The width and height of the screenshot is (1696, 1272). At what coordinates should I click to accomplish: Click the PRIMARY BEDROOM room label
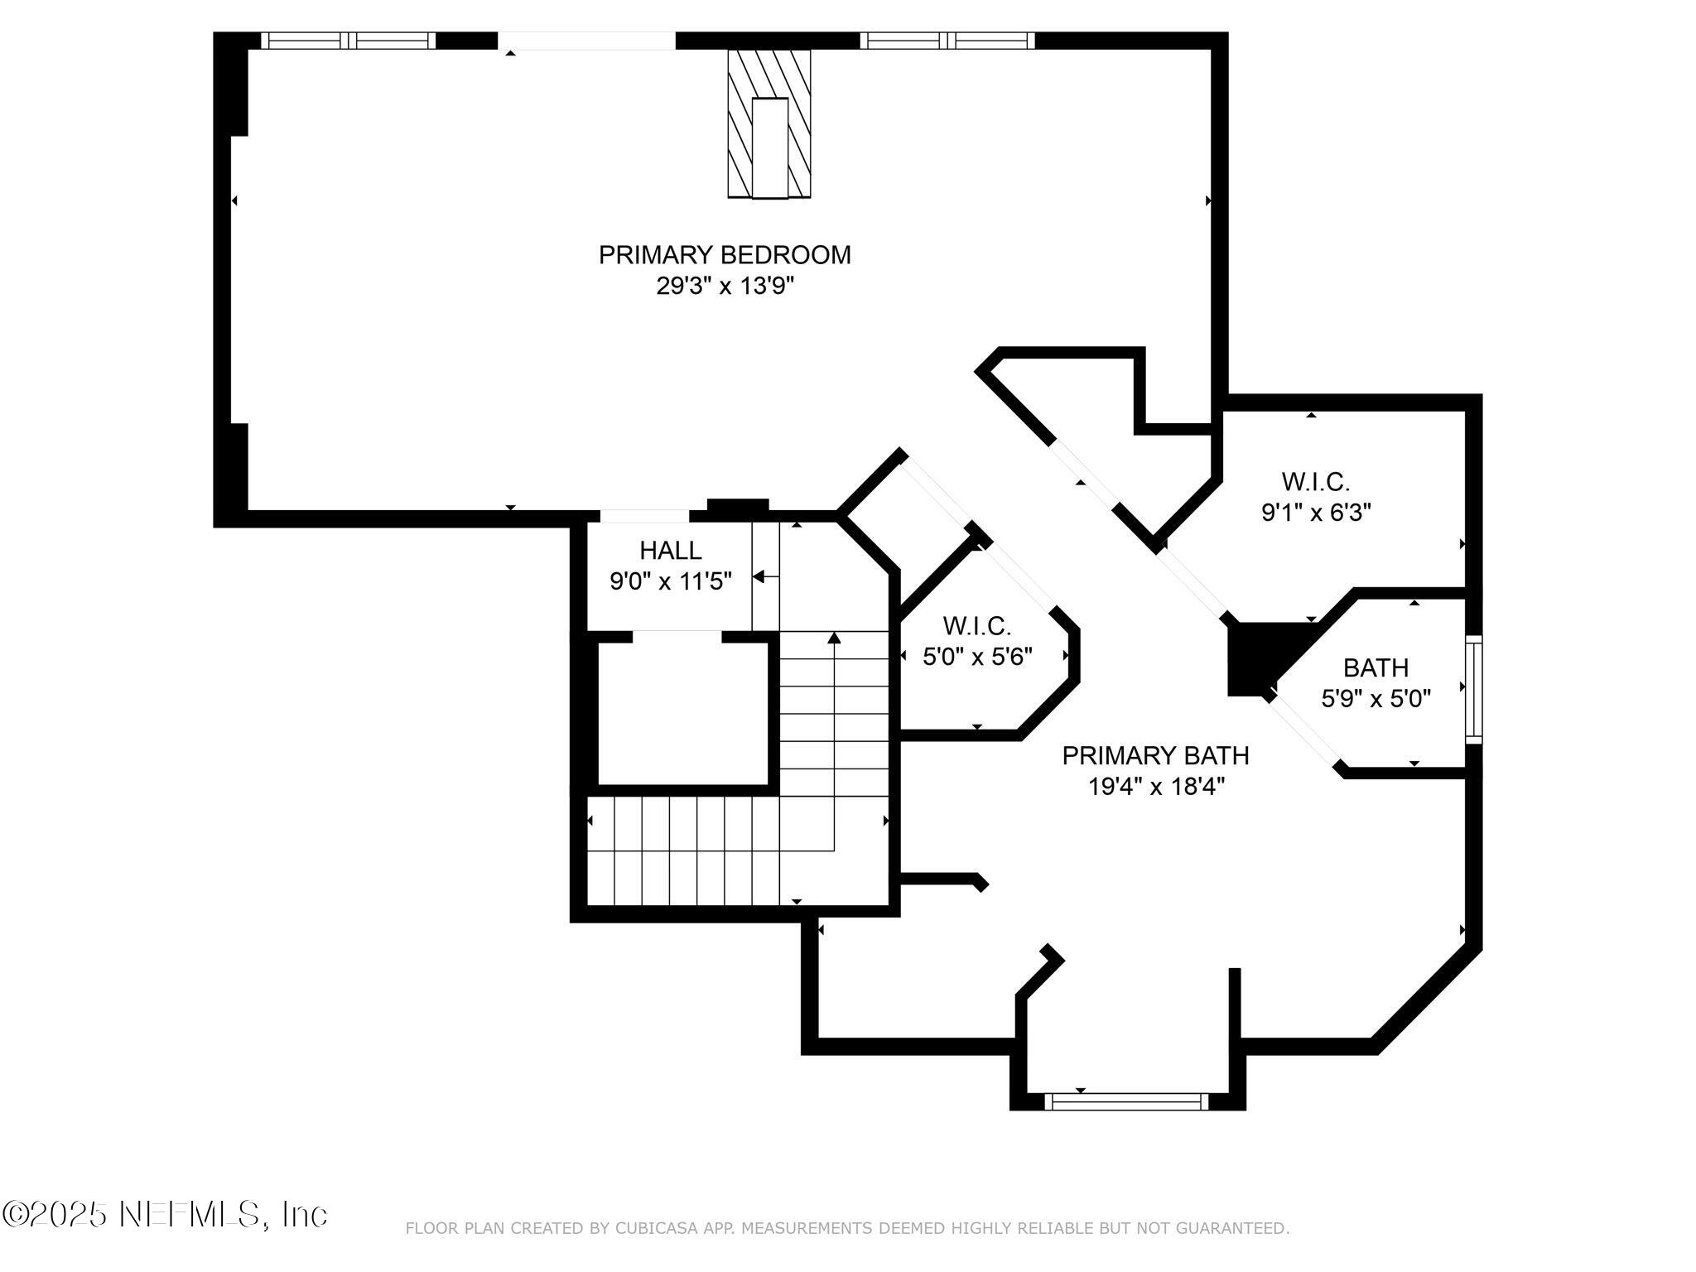tap(725, 254)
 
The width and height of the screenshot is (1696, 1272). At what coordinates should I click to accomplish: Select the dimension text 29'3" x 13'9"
tap(725, 287)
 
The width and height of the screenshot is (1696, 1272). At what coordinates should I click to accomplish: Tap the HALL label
tap(670, 550)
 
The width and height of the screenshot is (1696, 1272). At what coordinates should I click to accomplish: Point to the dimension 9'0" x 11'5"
tap(670, 581)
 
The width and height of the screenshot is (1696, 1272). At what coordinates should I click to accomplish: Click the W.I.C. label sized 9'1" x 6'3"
tap(1315, 481)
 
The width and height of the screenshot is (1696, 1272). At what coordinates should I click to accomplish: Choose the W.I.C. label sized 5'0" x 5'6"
tap(976, 625)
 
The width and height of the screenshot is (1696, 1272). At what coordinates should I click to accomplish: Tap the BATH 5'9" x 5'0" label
tap(1376, 667)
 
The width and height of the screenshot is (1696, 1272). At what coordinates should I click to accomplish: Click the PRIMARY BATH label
tap(1155, 755)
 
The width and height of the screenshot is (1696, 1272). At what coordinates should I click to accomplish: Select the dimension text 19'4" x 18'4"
tap(1155, 787)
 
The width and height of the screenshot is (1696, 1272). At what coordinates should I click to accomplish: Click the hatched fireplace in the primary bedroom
tap(768, 124)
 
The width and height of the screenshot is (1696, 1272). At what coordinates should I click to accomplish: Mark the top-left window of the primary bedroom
tap(348, 41)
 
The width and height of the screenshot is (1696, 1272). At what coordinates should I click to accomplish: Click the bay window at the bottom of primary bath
tap(1126, 1101)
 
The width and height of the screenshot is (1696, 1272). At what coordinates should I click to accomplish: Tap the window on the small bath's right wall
tap(1473, 689)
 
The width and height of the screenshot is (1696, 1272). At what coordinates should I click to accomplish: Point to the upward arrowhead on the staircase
tap(834, 638)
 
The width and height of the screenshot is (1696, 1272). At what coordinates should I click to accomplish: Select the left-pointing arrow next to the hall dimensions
tap(764, 576)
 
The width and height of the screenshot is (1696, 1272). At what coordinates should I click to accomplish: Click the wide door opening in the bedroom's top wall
tap(586, 41)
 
